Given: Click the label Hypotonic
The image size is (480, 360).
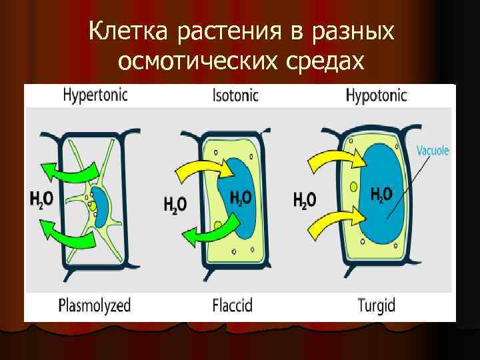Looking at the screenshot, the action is pos(376,96).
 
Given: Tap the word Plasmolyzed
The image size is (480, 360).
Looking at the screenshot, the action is pos(95,306).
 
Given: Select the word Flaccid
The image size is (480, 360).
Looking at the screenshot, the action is pos(233,306).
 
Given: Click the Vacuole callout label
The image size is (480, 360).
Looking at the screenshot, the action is pos(433,151).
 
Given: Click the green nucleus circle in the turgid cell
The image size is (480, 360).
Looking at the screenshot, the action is pos(353,187).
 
